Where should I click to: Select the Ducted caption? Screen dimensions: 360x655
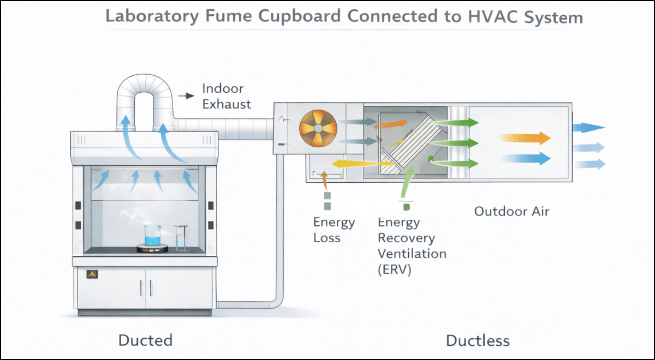pos(145,340)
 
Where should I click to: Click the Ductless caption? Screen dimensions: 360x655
pos(478,341)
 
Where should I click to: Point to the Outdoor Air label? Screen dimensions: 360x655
pos(511,211)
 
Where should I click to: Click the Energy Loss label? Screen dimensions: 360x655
pos(334,230)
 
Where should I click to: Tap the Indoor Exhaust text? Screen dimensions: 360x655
pos(226,96)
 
